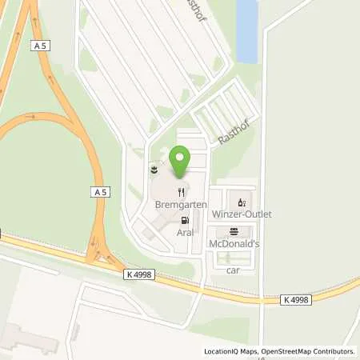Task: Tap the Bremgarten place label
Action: [x=181, y=205]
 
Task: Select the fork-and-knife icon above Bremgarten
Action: [x=182, y=192]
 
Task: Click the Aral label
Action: [x=186, y=232]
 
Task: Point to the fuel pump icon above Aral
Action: [x=186, y=220]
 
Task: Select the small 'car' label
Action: [x=233, y=270]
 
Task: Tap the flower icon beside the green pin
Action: [x=154, y=170]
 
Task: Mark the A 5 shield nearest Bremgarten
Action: [x=99, y=192]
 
